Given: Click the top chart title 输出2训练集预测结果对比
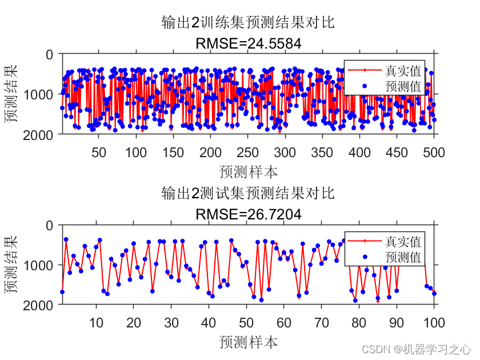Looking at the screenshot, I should (x=248, y=23).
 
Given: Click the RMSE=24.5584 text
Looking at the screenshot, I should (x=248, y=43).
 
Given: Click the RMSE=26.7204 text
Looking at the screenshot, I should (x=248, y=214).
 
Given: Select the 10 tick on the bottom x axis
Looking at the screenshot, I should (x=96, y=323).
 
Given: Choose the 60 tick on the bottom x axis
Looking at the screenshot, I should (x=284, y=323).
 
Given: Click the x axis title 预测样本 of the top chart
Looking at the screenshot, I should (x=248, y=171).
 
